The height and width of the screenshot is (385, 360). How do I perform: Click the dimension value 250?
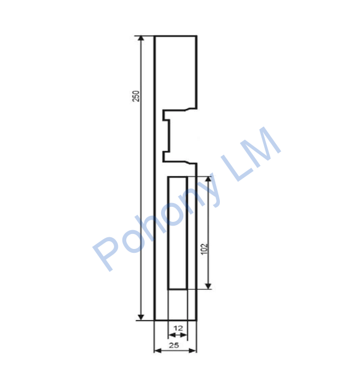[136, 96]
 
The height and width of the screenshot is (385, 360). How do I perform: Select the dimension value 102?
[204, 249]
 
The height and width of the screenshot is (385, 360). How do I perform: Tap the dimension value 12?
[178, 328]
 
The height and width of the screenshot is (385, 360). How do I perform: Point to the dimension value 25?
[174, 346]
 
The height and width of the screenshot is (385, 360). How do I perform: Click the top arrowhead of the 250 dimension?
[141, 39]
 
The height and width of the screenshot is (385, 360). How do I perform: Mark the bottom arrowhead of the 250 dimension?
[141, 317]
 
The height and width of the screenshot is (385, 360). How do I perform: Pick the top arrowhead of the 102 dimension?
[208, 179]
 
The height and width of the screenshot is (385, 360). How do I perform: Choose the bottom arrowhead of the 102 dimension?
[208, 286]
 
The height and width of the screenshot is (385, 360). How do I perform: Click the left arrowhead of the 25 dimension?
[157, 350]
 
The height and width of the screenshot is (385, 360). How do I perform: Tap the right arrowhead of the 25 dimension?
[193, 350]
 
